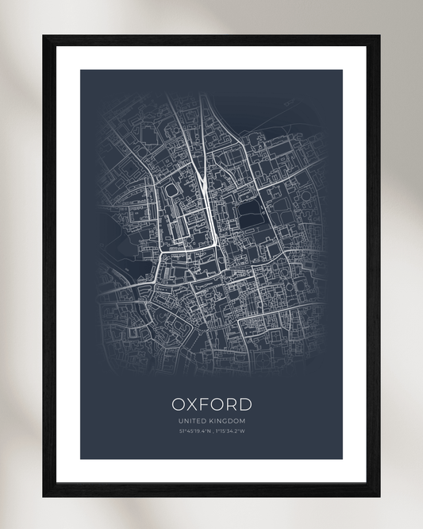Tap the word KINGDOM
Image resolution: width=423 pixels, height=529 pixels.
(x=227, y=421)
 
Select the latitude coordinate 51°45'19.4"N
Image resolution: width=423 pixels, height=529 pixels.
(x=194, y=432)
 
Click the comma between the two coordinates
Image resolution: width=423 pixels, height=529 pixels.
(x=212, y=433)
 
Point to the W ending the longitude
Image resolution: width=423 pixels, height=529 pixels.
(x=243, y=432)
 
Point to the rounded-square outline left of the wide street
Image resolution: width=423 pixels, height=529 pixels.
(x=173, y=191)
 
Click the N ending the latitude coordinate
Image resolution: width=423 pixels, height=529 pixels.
(x=207, y=432)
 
